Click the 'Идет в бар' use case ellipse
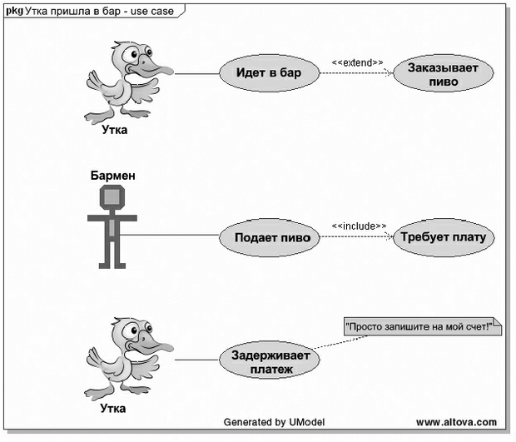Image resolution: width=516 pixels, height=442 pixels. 270,73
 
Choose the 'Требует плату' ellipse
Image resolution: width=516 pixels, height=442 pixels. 444,237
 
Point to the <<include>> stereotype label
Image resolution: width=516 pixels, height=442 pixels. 359,226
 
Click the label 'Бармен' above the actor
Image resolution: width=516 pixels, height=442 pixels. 112,176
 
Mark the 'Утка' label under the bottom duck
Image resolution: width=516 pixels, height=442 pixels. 113,409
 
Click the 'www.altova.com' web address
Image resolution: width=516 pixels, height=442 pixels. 455,422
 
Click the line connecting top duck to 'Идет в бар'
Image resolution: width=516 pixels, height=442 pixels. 196,73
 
